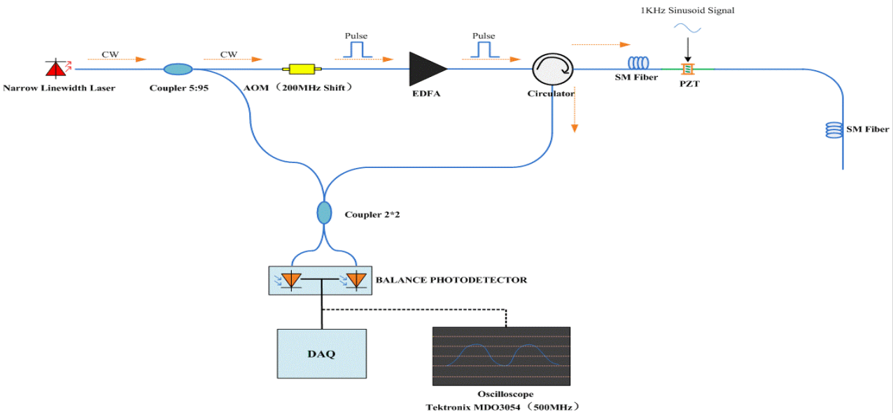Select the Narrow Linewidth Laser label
pos(59,87)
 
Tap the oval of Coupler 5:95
pos(178,69)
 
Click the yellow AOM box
pos(299,69)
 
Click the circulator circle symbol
pos(553,69)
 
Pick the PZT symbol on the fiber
pos(688,69)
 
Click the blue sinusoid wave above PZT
pos(688,28)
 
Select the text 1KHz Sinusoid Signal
pos(687,10)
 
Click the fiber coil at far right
pos(834,129)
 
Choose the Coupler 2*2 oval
pos(324,212)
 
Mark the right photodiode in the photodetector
pos(356,280)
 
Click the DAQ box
pos(322,353)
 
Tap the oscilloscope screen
pos(501,356)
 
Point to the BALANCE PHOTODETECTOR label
pos(451,280)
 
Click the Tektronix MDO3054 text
pos(502,407)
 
